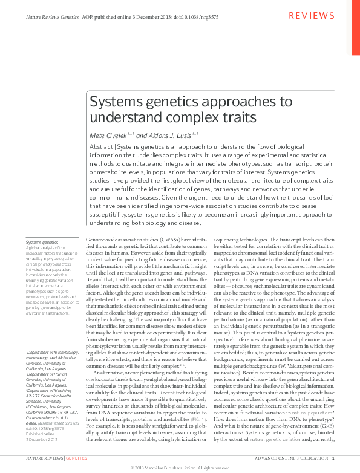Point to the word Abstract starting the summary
pyautogui.click(x=100, y=147)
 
